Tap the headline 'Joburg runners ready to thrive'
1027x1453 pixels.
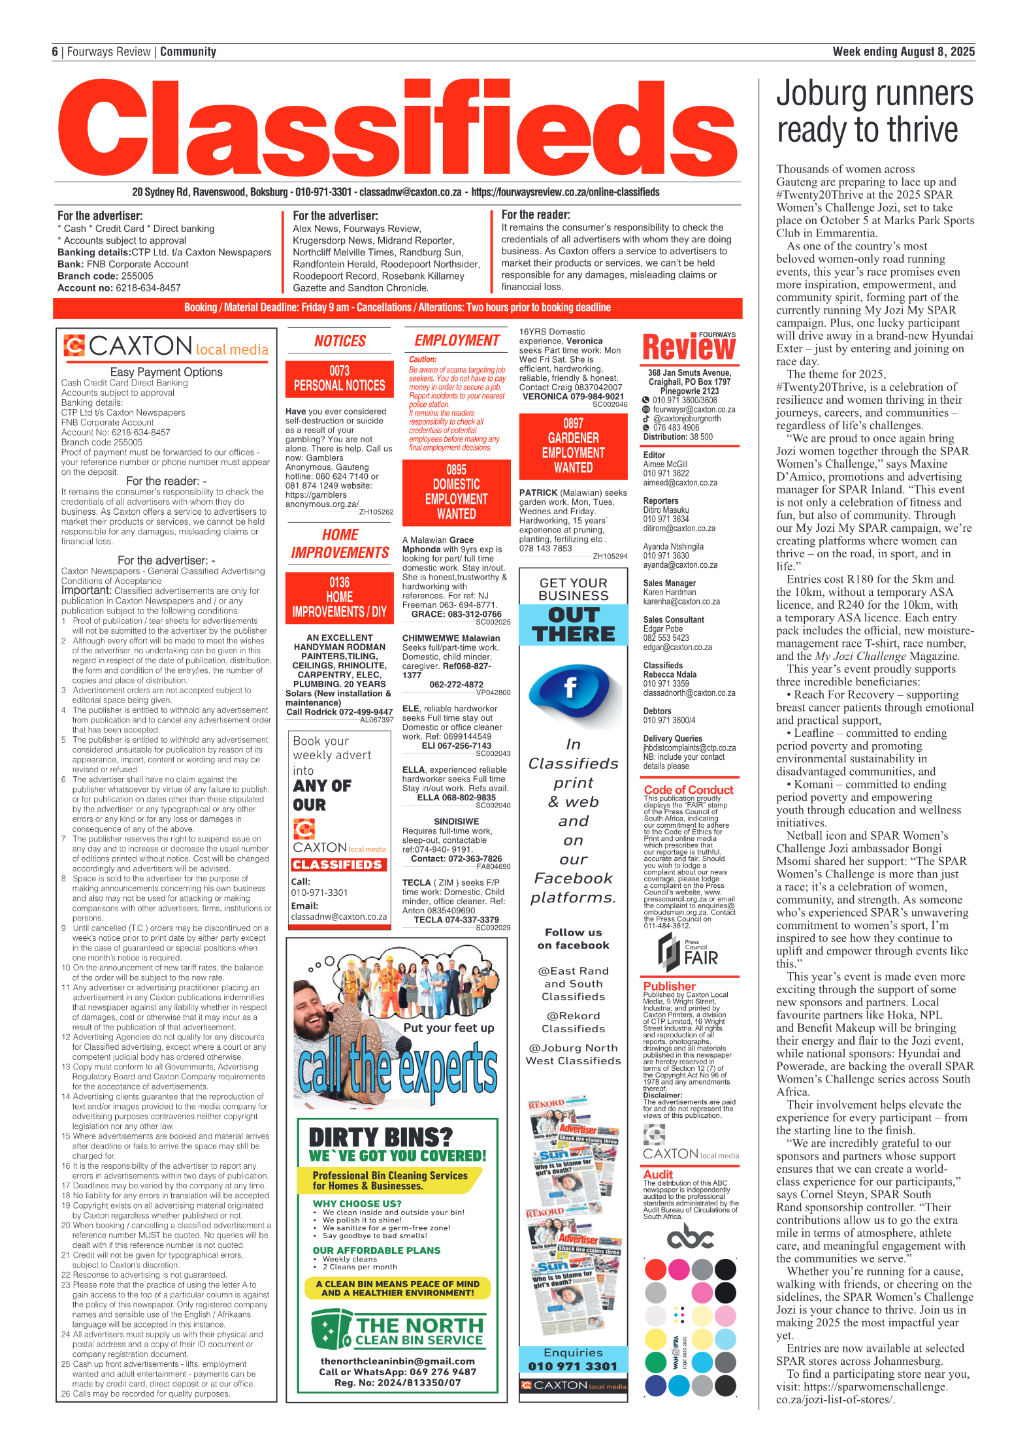[873, 112]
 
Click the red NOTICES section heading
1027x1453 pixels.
[340, 341]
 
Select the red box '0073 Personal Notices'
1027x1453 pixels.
[340, 379]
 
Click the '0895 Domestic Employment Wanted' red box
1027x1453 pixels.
[456, 492]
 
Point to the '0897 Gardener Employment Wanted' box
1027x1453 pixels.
[573, 446]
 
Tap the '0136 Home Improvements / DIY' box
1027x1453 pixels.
[340, 597]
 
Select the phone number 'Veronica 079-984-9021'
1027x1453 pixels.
[573, 396]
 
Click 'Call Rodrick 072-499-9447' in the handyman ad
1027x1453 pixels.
[340, 712]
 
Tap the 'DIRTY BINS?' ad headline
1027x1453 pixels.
[380, 1137]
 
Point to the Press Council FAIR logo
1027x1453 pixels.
[688, 953]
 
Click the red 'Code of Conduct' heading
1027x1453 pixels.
[688, 790]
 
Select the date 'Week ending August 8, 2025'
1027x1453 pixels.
[903, 52]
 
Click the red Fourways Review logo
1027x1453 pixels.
[689, 347]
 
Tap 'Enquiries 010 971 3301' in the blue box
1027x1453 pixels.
[573, 1359]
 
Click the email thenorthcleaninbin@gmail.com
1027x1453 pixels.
[397, 1362]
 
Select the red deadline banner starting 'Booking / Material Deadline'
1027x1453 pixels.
[397, 308]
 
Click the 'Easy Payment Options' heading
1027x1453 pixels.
[166, 372]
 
